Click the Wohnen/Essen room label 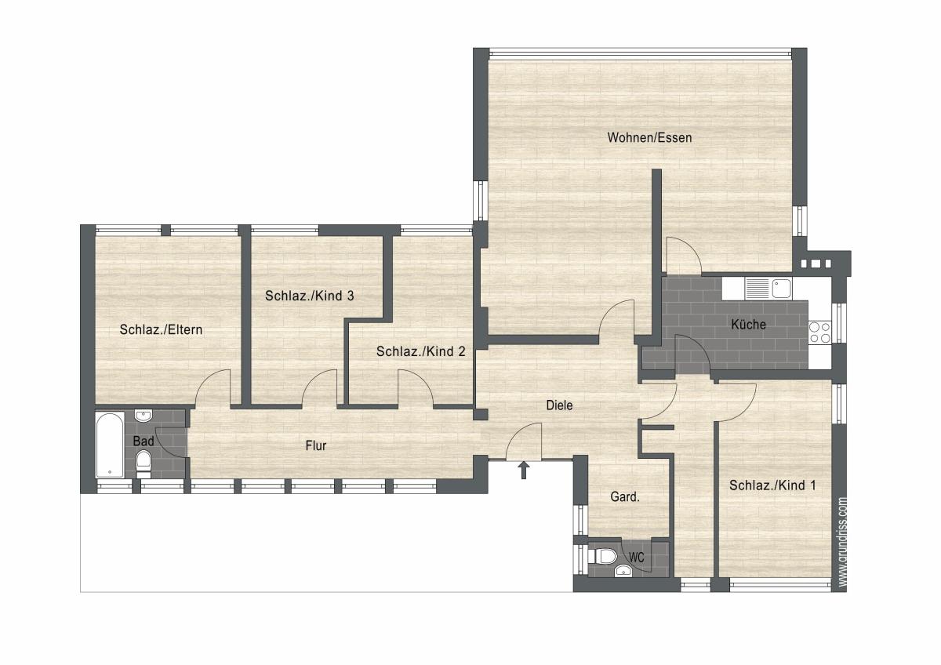[x=649, y=137]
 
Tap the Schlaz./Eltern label [x=161, y=330]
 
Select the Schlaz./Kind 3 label [x=310, y=296]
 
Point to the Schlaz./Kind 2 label [x=421, y=351]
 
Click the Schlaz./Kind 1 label [x=772, y=485]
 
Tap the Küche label [x=749, y=324]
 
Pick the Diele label [x=559, y=405]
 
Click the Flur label [x=316, y=445]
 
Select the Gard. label [x=625, y=497]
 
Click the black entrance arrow [x=524, y=471]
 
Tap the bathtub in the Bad [x=109, y=445]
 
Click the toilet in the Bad [x=144, y=464]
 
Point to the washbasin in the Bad [x=143, y=416]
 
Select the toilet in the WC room [x=602, y=557]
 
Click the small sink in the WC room [x=623, y=570]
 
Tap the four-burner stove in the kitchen [x=819, y=332]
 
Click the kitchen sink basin [x=781, y=289]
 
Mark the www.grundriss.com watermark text [x=842, y=542]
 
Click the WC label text [x=637, y=558]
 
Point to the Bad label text [x=144, y=441]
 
